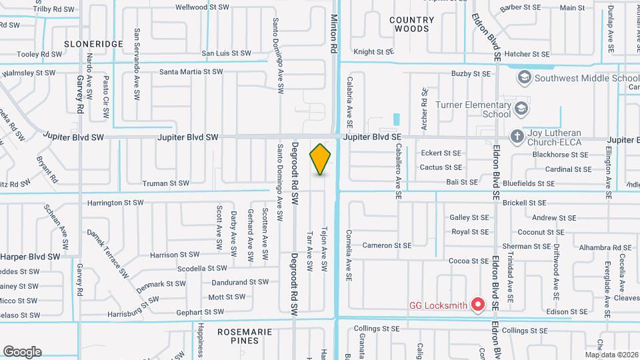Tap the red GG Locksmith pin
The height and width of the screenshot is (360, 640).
click(x=477, y=305)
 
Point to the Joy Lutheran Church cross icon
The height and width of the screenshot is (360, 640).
click(x=516, y=136)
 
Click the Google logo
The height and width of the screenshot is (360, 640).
click(x=22, y=351)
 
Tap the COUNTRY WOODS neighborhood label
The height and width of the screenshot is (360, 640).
click(x=411, y=25)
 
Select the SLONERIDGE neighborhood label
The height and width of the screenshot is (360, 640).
click(x=94, y=43)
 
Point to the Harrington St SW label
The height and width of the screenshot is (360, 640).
click(x=115, y=202)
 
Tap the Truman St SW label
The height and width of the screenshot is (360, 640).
click(x=165, y=183)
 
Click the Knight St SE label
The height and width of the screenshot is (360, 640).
click(x=373, y=51)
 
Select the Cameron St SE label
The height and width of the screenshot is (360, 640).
click(x=386, y=245)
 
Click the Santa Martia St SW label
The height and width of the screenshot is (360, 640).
click(x=191, y=71)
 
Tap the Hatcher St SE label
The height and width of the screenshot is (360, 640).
click(x=527, y=54)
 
